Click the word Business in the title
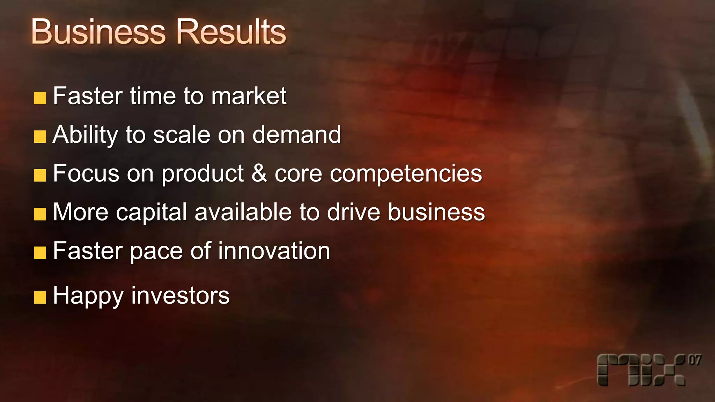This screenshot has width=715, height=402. click(x=98, y=32)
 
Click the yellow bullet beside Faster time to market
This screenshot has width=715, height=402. click(x=40, y=98)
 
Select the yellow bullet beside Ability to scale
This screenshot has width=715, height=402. click(x=40, y=137)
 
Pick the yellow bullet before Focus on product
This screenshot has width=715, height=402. click(x=40, y=176)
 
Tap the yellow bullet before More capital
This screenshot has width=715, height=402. click(x=40, y=214)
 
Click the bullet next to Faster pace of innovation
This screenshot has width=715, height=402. click(x=40, y=253)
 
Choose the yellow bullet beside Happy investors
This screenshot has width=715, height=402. click(x=40, y=298)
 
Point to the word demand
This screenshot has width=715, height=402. click(x=296, y=135)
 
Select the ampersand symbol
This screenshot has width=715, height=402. click(x=259, y=173)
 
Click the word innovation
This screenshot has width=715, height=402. click(x=274, y=251)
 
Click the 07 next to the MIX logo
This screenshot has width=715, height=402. click(x=694, y=360)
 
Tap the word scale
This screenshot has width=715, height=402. click(x=182, y=135)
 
